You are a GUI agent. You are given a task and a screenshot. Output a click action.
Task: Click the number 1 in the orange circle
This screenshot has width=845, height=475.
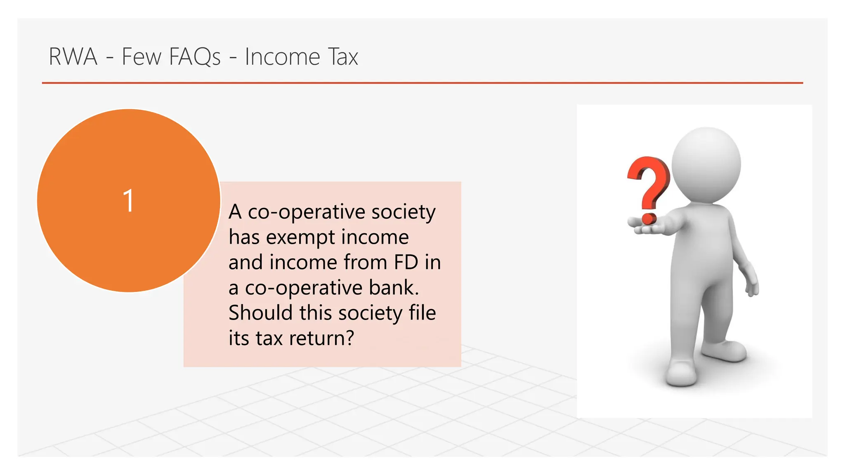[x=129, y=201]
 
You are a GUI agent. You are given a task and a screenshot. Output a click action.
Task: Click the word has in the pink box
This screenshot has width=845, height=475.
[x=244, y=237]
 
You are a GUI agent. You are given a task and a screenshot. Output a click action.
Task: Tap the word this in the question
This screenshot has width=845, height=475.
[x=316, y=313]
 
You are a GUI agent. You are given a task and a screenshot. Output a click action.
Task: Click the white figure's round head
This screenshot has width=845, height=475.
[x=706, y=164]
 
